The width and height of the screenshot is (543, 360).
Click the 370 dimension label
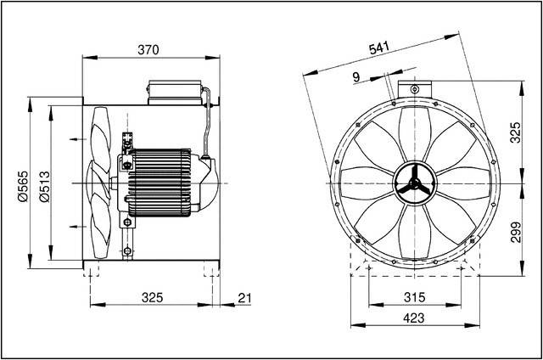pos(149,50)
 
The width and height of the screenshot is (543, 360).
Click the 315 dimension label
pos(413,298)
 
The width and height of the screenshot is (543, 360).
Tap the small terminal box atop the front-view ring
pos(413,87)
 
